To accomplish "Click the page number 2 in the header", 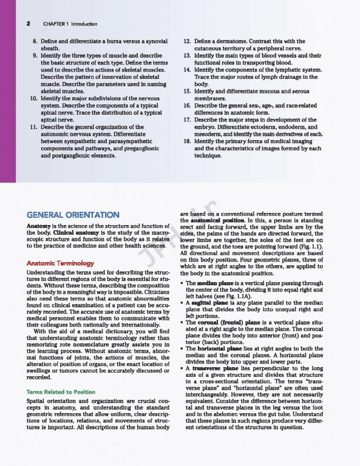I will click(x=29, y=24).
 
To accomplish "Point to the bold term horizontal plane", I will click(x=225, y=348).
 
